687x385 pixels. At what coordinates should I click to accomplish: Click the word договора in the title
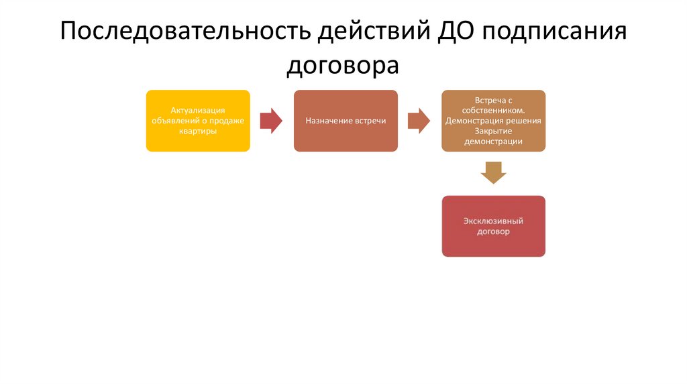pyautogui.click(x=343, y=66)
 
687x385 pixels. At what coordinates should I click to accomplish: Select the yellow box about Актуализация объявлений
pyautogui.click(x=198, y=121)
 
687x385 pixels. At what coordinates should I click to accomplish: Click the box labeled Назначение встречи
pyautogui.click(x=346, y=121)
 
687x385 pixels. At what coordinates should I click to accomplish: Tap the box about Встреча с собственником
pyautogui.click(x=493, y=121)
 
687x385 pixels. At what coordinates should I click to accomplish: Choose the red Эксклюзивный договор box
pyautogui.click(x=493, y=226)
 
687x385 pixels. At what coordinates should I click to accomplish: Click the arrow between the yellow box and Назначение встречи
pyautogui.click(x=271, y=121)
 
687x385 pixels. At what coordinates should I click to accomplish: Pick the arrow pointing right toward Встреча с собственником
pyautogui.click(x=419, y=121)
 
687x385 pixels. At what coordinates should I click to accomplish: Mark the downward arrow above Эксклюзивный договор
pyautogui.click(x=493, y=172)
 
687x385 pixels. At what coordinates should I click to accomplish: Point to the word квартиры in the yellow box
pyautogui.click(x=198, y=131)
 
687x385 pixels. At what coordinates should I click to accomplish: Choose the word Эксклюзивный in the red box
pyautogui.click(x=493, y=221)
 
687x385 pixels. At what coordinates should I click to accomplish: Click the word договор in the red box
pyautogui.click(x=493, y=231)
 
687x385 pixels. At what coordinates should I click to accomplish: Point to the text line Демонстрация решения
pyautogui.click(x=493, y=121)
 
